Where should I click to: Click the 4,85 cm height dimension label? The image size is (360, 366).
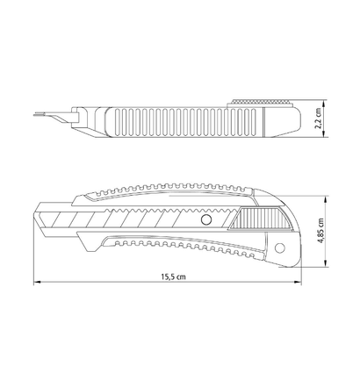pos(320,231)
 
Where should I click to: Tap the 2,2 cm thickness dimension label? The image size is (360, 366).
pos(318,118)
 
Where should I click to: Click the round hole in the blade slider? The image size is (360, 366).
pos(206,219)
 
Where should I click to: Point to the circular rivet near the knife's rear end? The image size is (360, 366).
pos(280,248)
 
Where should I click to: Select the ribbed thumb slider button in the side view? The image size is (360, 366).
pos(260,219)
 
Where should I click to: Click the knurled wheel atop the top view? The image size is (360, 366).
pos(260,102)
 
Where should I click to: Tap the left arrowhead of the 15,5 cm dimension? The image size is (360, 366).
pos(37,283)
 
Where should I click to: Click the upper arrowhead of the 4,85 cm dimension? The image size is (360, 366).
pos(325,199)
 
